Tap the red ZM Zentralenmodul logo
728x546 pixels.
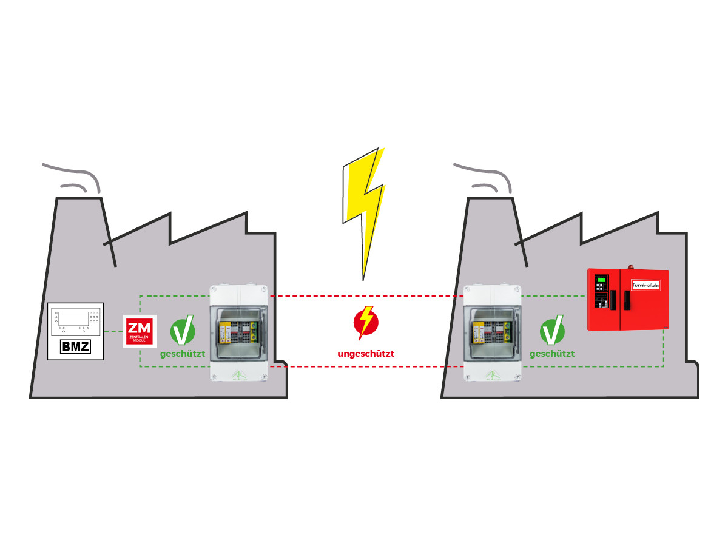pos(140,331)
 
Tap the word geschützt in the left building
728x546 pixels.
pos(183,353)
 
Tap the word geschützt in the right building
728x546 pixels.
pos(552,353)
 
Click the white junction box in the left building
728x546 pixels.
pos(238,334)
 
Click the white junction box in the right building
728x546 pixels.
pos(492,334)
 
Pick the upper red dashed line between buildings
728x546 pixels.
pos(364,296)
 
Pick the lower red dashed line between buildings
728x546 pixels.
pos(364,366)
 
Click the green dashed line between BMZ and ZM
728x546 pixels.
pos(113,332)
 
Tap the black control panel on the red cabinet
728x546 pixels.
pos(601,291)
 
